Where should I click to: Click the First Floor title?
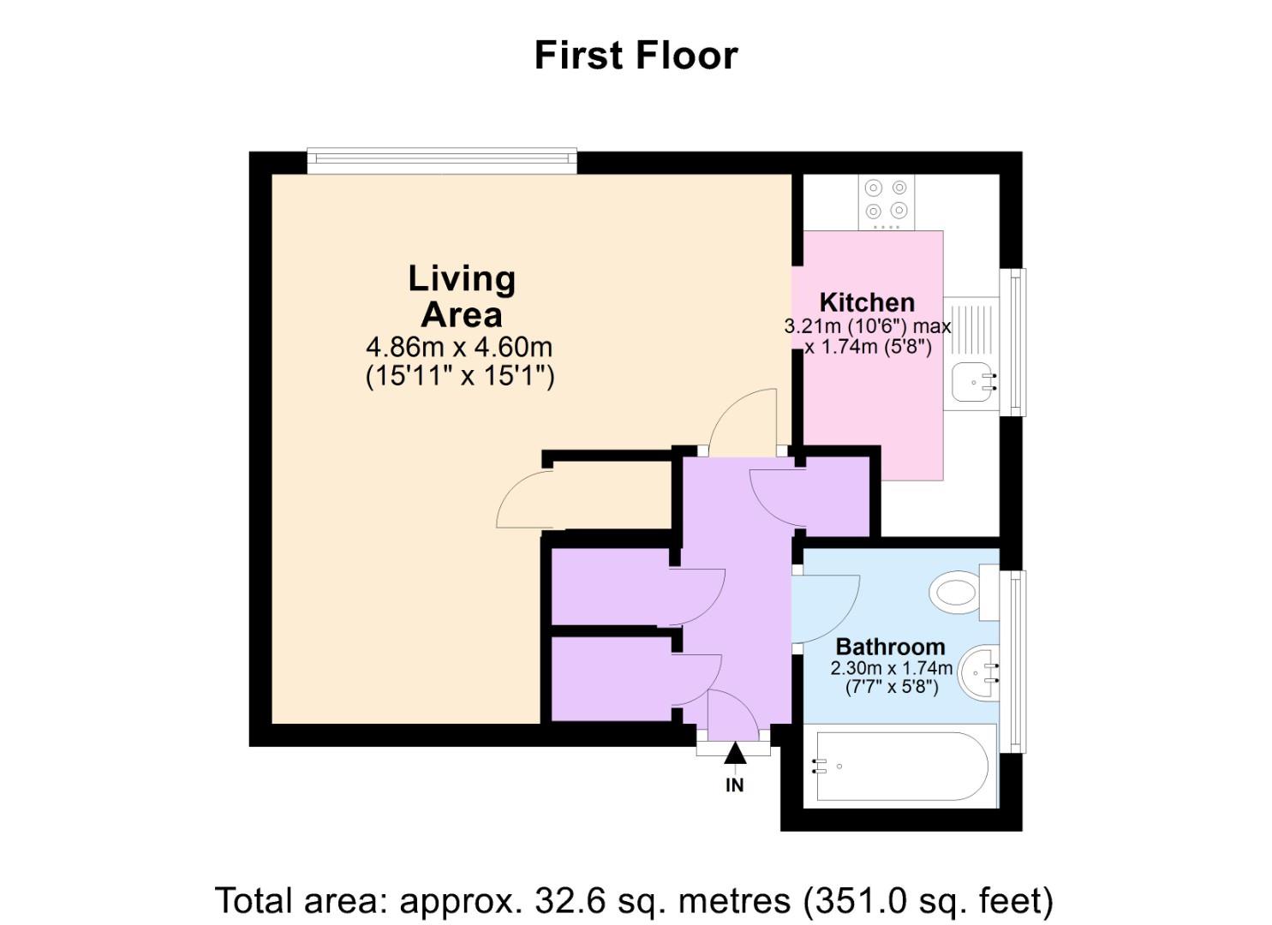pyautogui.click(x=636, y=55)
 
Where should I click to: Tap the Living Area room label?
pyautogui.click(x=461, y=296)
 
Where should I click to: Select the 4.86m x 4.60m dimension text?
pyautogui.click(x=459, y=347)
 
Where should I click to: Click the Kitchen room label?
pyautogui.click(x=867, y=302)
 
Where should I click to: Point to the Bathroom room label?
pyautogui.click(x=890, y=647)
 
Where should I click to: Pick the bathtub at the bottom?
pyautogui.click(x=899, y=766)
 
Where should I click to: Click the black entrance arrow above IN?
pyautogui.click(x=735, y=754)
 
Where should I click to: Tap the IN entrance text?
pyautogui.click(x=735, y=785)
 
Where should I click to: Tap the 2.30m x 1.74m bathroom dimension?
pyautogui.click(x=891, y=668)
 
